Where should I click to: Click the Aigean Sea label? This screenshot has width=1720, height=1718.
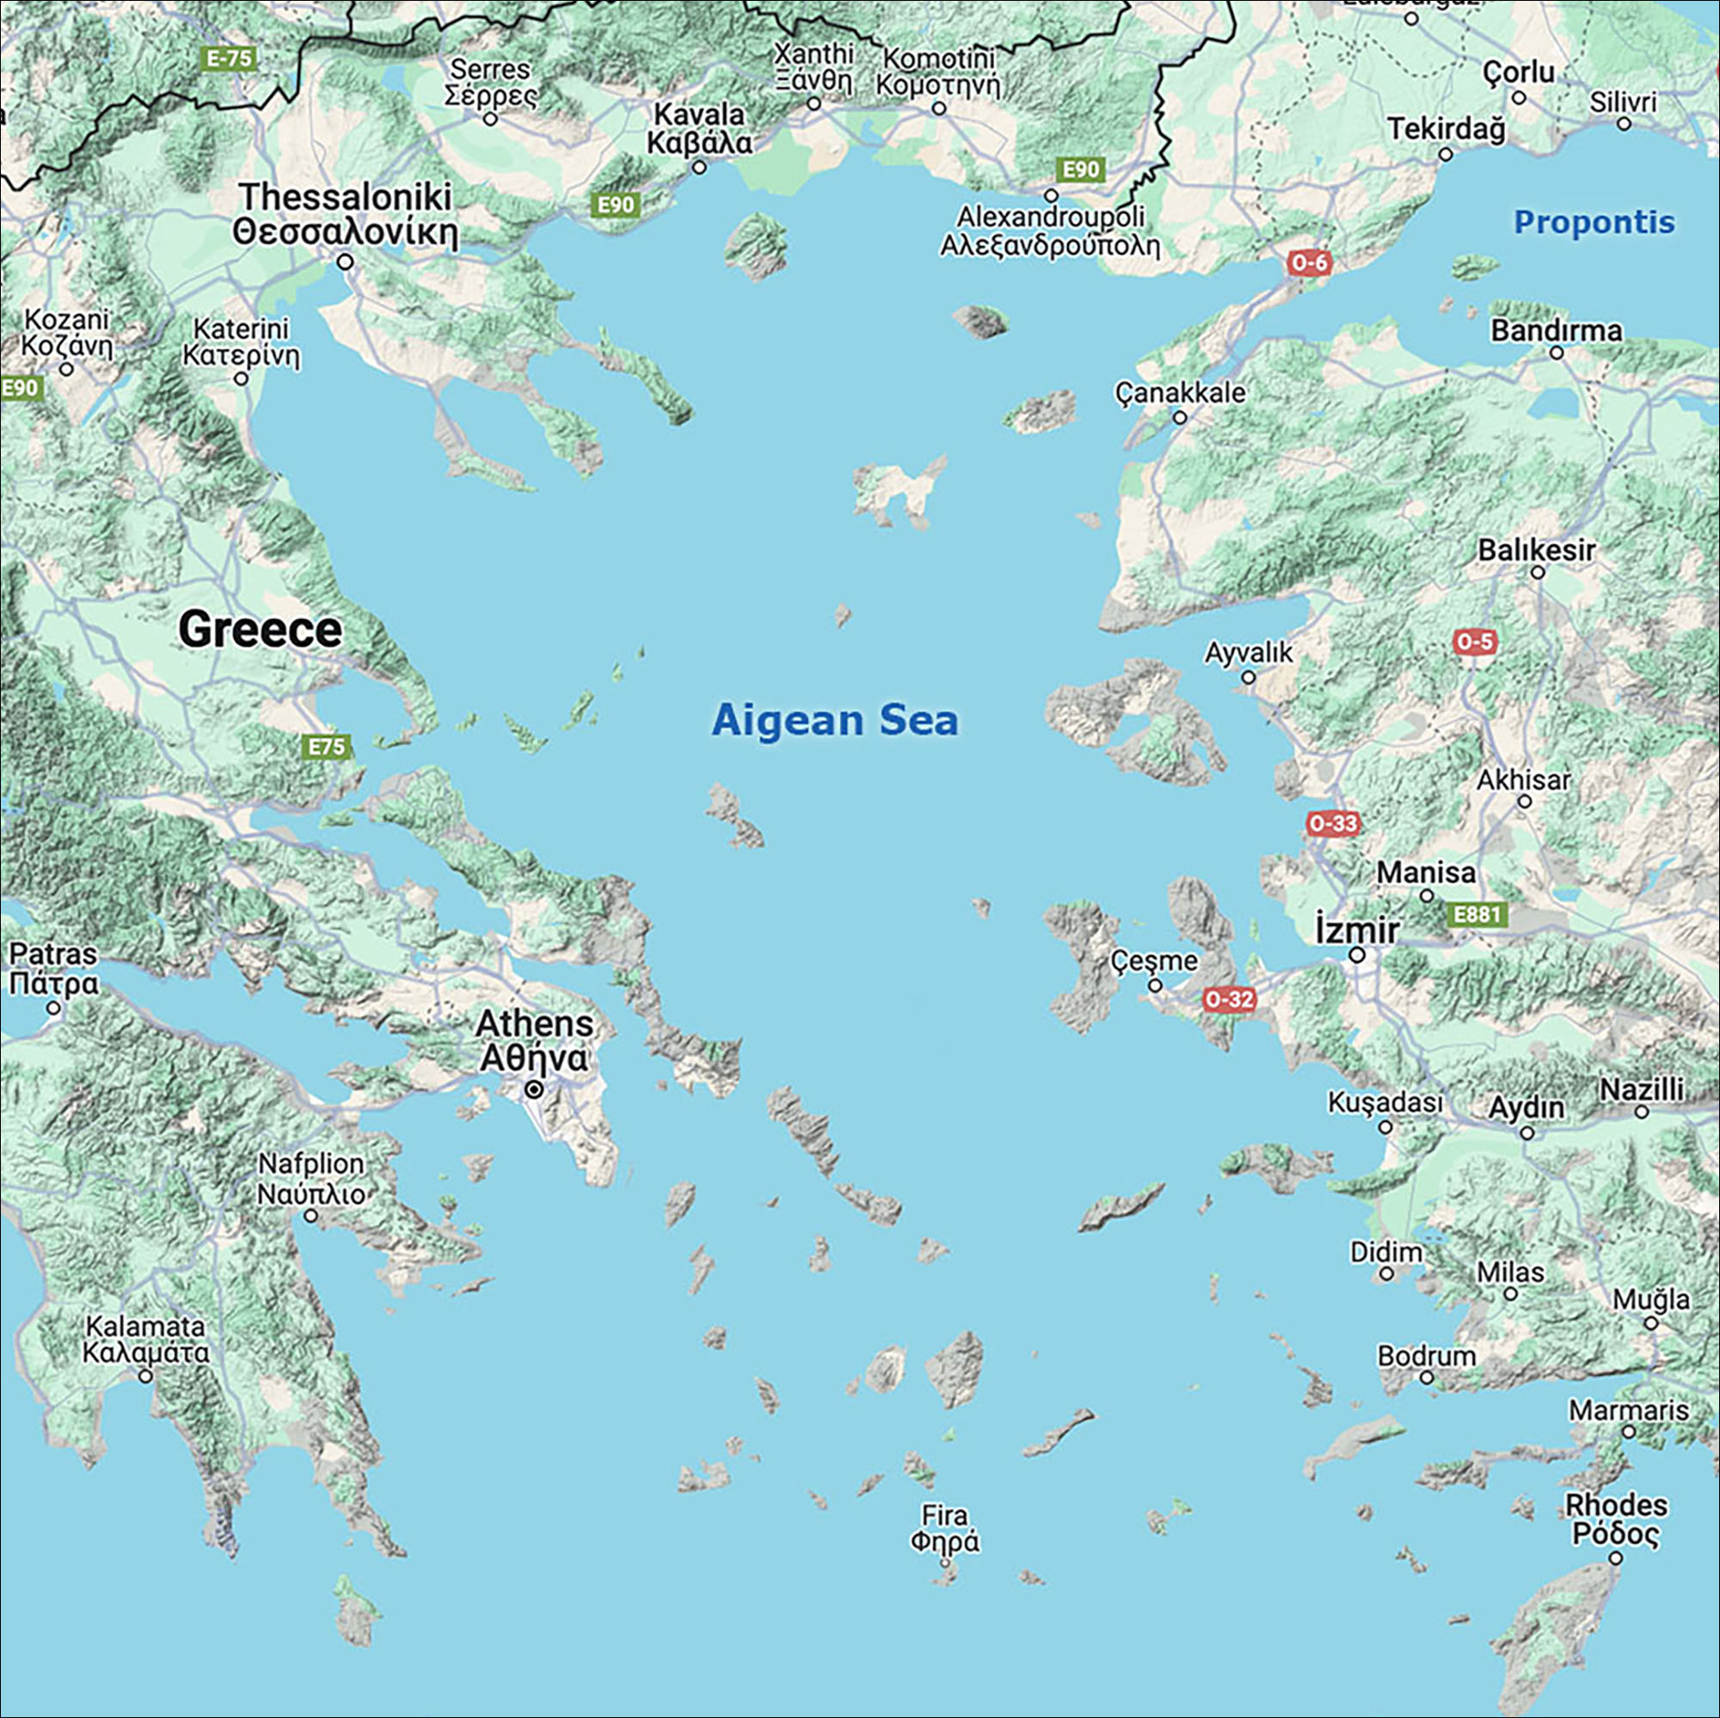[834, 721]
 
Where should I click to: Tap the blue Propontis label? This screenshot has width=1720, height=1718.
[1594, 223]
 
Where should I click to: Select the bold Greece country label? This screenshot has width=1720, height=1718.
[260, 630]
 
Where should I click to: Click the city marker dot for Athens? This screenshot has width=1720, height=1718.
[533, 1089]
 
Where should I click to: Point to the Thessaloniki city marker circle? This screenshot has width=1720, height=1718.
[346, 261]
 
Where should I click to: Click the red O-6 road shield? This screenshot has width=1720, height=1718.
[1309, 261]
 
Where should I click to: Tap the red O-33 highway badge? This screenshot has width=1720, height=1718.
[1333, 824]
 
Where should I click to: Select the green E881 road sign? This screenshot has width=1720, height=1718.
[1477, 914]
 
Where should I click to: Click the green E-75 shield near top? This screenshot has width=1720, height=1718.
[230, 58]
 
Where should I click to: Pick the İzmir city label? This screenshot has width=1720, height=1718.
[1357, 930]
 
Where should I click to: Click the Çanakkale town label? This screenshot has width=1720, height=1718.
[1180, 393]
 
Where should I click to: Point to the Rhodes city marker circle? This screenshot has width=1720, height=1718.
[1615, 1558]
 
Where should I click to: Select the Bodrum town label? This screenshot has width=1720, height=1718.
[1426, 1356]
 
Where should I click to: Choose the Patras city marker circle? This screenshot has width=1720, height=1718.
[53, 1008]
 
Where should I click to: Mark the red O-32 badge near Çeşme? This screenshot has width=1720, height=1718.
[1229, 999]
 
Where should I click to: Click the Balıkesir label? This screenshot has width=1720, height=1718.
[1537, 550]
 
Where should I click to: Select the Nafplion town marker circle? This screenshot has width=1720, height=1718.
[310, 1215]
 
